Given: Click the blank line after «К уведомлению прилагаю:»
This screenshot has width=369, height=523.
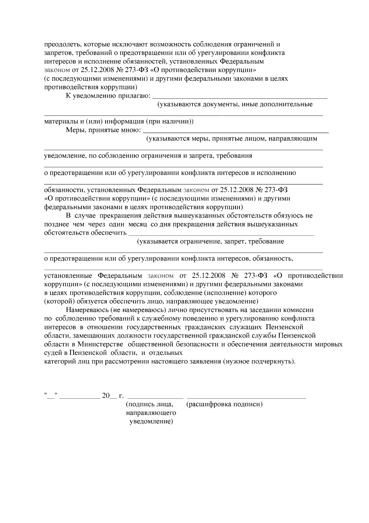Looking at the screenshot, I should pos(240,97).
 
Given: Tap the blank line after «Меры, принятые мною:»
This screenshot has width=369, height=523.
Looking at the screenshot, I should pos(235,132).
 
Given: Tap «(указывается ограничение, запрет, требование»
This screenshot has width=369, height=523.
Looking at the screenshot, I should pos(210,241).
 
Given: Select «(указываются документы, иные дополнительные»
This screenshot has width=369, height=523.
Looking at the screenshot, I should pos(235,104).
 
